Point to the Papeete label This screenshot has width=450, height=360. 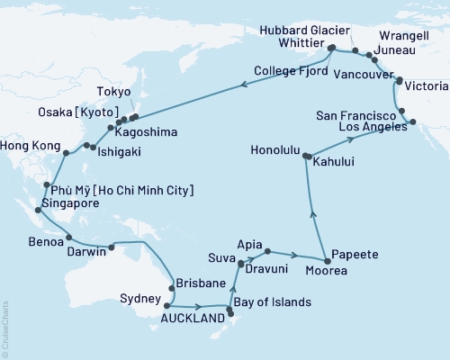(348, 253)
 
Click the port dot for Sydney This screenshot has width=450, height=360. (166, 305)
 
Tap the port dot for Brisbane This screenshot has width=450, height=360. (168, 291)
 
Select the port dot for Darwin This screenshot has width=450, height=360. (112, 247)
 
